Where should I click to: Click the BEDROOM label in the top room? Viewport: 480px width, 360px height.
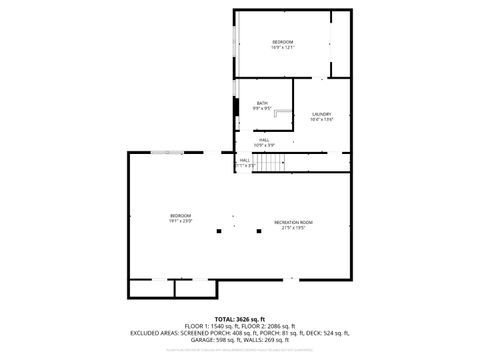coord(283,41)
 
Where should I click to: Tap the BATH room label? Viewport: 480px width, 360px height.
coord(262,102)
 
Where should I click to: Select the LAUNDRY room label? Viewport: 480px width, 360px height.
coord(321,114)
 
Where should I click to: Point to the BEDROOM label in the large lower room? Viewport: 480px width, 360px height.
coord(180,216)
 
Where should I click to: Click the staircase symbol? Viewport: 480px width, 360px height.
coord(269,162)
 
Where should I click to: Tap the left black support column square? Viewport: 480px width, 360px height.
coord(219,232)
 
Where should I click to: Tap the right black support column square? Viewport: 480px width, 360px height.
coord(259,232)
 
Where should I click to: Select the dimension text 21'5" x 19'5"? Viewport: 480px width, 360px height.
coord(294,228)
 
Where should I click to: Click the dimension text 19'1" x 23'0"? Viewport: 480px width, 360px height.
coord(180,222)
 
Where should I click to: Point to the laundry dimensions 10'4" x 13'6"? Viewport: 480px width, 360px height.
coord(321,120)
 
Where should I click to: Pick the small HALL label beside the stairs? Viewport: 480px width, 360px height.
coord(244,159)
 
